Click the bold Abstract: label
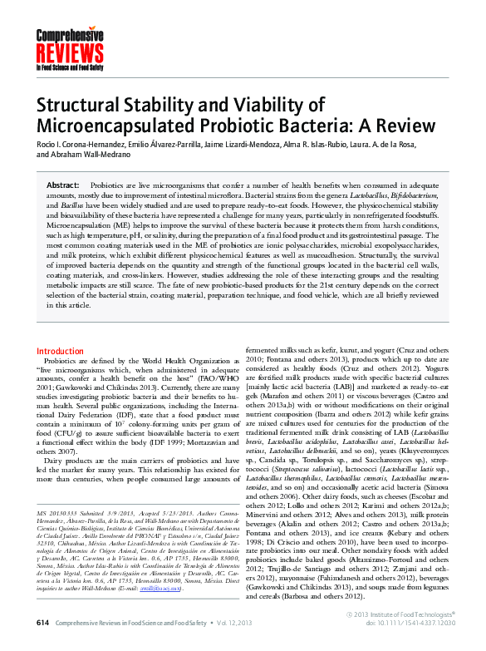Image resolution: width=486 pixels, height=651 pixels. point(63,185)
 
